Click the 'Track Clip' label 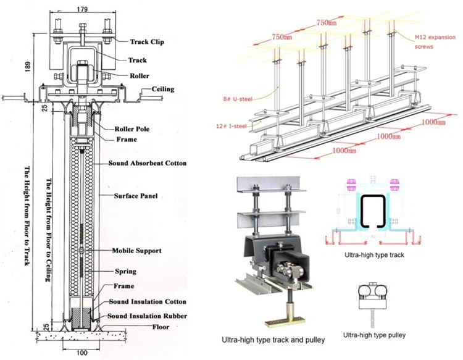coord(151,42)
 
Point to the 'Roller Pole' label coord(134,129)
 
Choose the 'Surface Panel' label coord(135,196)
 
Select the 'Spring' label coord(127,271)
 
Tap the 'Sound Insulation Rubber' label coord(149,316)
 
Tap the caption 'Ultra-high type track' coord(376,254)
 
